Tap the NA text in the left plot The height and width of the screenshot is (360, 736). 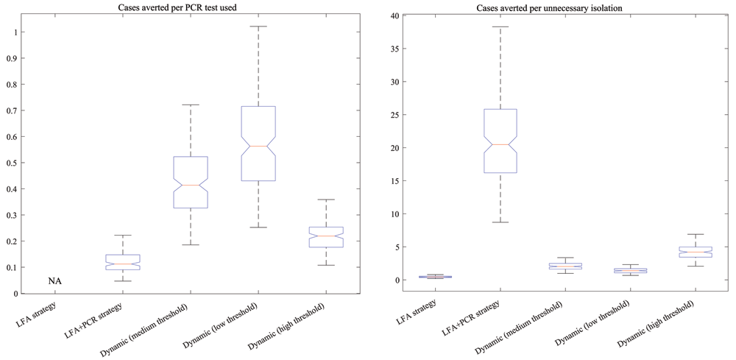coord(54,280)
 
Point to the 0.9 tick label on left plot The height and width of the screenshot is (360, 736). coord(16,58)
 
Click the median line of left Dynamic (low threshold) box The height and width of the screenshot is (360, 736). coord(258,147)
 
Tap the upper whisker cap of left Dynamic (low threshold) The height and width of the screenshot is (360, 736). coord(258,27)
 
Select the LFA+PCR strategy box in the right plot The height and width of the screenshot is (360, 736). coord(500,141)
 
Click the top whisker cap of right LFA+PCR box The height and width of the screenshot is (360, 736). coord(500,27)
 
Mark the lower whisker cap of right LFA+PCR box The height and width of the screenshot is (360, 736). coord(500,222)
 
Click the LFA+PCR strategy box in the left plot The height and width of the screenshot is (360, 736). coord(123,262)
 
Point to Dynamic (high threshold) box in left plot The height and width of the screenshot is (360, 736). coord(326,236)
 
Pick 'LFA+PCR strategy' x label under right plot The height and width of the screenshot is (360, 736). coord(471,314)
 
